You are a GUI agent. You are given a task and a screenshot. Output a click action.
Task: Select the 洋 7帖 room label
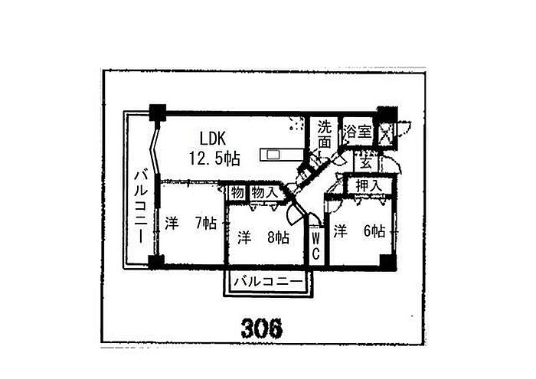point(191,224)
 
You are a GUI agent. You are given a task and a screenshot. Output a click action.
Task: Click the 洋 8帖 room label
point(263,237)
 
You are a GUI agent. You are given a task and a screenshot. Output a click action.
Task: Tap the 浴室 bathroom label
point(358,130)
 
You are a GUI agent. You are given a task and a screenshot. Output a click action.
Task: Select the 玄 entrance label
point(366,162)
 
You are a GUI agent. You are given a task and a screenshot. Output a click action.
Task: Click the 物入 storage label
point(264,193)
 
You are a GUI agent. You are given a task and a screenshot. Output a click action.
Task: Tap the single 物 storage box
point(237,193)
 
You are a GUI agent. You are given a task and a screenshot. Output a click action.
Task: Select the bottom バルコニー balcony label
point(269,282)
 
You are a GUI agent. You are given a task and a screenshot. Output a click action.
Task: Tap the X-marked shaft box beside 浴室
point(386,132)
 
